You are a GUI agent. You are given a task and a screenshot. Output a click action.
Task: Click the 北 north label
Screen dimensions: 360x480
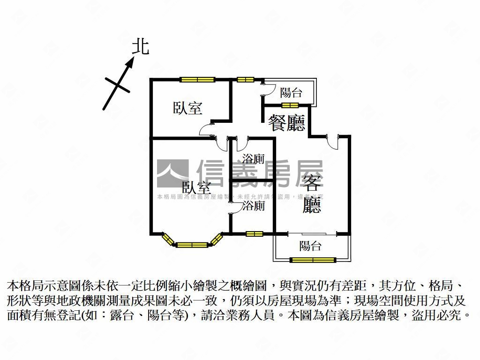point(140,46)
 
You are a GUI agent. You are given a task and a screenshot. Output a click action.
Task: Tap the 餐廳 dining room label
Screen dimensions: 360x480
point(286,123)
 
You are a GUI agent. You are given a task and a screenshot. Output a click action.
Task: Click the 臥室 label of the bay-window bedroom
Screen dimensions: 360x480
point(196,188)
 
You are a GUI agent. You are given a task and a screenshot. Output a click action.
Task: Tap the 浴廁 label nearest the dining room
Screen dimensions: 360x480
point(253,158)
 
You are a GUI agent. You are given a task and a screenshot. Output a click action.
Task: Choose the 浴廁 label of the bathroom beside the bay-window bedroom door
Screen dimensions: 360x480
point(253,206)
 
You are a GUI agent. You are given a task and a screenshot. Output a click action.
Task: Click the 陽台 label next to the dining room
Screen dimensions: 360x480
point(291,93)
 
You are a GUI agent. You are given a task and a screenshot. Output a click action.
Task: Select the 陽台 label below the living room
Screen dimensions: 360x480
point(310,246)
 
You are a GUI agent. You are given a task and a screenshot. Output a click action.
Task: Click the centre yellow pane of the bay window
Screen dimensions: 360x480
point(193,244)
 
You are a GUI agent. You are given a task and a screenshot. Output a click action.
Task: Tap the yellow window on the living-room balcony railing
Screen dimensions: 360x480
point(313,260)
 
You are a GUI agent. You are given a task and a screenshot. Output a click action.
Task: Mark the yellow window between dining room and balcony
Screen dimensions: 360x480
point(290,105)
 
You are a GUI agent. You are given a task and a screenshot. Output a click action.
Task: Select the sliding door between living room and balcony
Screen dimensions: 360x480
point(311,233)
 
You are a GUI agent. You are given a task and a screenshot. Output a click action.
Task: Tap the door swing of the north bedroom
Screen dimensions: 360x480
point(206,130)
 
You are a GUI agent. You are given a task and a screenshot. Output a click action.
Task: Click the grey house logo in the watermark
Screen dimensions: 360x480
point(172,173)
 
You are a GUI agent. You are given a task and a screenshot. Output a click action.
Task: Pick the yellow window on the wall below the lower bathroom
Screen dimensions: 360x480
point(254,233)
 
